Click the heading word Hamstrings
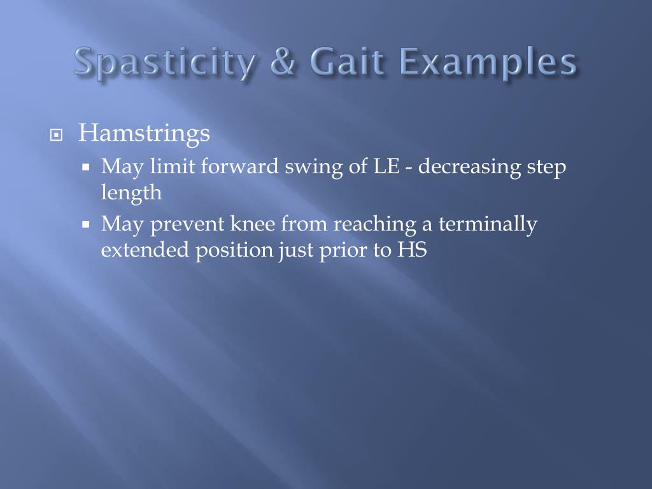[144, 133]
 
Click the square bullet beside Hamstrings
[57, 135]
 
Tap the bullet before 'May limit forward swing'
[87, 168]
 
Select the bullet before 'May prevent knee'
[87, 225]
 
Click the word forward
[241, 167]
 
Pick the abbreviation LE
[382, 167]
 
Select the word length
[131, 193]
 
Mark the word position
[234, 251]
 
